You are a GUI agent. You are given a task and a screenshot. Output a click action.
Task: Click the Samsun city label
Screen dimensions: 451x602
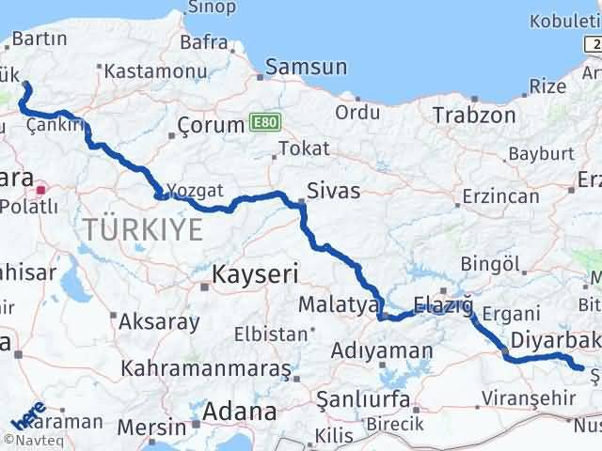click(307, 68)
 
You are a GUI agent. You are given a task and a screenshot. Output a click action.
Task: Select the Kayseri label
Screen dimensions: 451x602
click(255, 274)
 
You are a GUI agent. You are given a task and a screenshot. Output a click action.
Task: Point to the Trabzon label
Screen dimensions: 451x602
click(474, 116)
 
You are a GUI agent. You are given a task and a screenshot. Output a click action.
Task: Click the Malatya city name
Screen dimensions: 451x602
click(338, 304)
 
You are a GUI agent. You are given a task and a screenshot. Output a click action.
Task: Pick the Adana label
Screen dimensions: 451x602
click(244, 412)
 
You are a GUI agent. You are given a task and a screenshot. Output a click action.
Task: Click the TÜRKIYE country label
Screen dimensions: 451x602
click(142, 228)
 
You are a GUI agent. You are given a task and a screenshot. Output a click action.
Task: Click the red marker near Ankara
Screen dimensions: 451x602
click(40, 189)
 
